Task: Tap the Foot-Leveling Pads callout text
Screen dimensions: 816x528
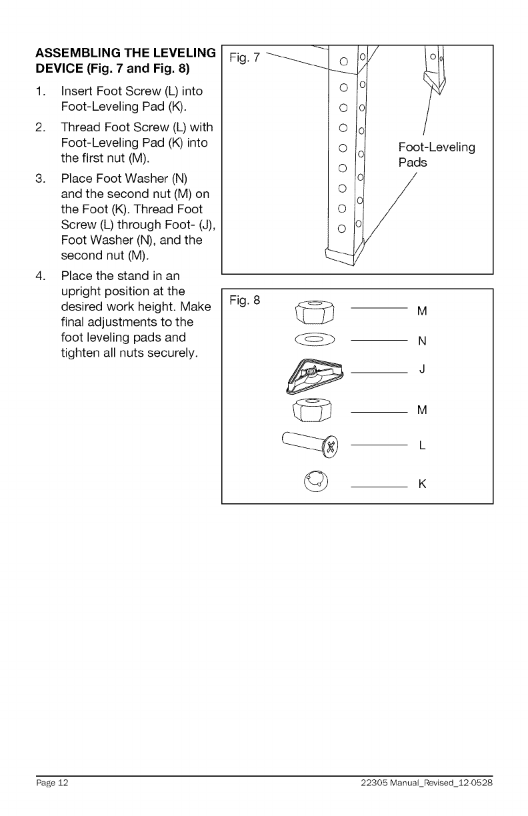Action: (436, 155)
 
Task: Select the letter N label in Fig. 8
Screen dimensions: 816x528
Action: (421, 342)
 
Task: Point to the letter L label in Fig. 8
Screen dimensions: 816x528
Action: (422, 446)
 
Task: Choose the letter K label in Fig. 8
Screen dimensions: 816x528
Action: (422, 484)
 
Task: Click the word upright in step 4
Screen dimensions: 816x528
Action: (79, 291)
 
